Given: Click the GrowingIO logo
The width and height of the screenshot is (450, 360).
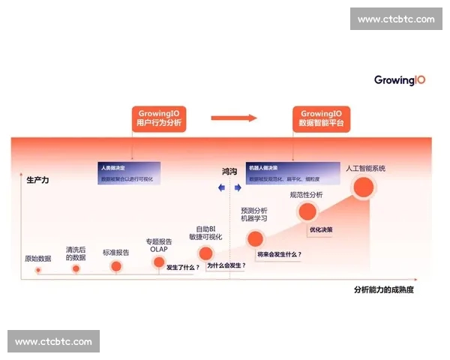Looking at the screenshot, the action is click(x=400, y=79).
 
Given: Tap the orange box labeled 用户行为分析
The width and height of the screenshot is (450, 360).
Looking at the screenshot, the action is click(x=160, y=118).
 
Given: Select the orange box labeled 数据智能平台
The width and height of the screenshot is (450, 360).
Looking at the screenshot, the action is click(x=321, y=118).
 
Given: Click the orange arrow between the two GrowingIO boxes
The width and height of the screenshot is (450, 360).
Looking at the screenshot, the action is click(x=233, y=118).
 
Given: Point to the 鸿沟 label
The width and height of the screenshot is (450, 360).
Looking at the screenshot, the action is click(x=229, y=172).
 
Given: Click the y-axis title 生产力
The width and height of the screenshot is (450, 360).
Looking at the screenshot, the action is click(x=37, y=180).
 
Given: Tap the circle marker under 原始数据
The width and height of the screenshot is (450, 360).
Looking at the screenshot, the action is click(x=37, y=268).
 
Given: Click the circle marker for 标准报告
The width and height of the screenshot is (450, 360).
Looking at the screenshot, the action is click(x=115, y=265).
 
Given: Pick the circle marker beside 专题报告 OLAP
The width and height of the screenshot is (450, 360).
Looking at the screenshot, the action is click(x=159, y=262).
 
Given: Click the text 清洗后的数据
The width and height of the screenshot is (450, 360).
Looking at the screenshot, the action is click(x=76, y=253).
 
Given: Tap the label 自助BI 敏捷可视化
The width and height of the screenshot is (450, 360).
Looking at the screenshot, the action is click(x=205, y=232).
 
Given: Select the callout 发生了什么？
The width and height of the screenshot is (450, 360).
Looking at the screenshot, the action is click(x=182, y=267).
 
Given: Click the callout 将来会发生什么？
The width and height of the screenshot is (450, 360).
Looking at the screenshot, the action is click(x=280, y=254).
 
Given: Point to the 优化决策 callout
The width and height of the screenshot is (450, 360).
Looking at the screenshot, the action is click(x=321, y=229).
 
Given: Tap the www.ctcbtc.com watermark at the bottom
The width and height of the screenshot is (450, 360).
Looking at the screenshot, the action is click(x=53, y=341).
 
